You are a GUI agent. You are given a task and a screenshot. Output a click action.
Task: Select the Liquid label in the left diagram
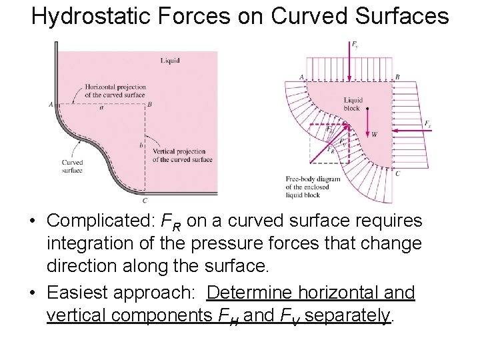170,61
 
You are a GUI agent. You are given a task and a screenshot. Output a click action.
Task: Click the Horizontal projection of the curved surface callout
115,91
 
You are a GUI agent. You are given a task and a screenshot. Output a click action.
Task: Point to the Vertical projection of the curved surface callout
182,156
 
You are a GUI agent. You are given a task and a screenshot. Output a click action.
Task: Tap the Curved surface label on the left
72,166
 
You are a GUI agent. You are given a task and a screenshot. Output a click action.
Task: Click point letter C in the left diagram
145,200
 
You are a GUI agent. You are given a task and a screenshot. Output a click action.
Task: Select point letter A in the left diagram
51,104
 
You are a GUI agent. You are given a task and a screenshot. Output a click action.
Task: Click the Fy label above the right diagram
355,45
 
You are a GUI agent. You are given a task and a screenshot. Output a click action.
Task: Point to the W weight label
374,134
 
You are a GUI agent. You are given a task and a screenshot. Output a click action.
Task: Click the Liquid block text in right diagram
352,104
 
